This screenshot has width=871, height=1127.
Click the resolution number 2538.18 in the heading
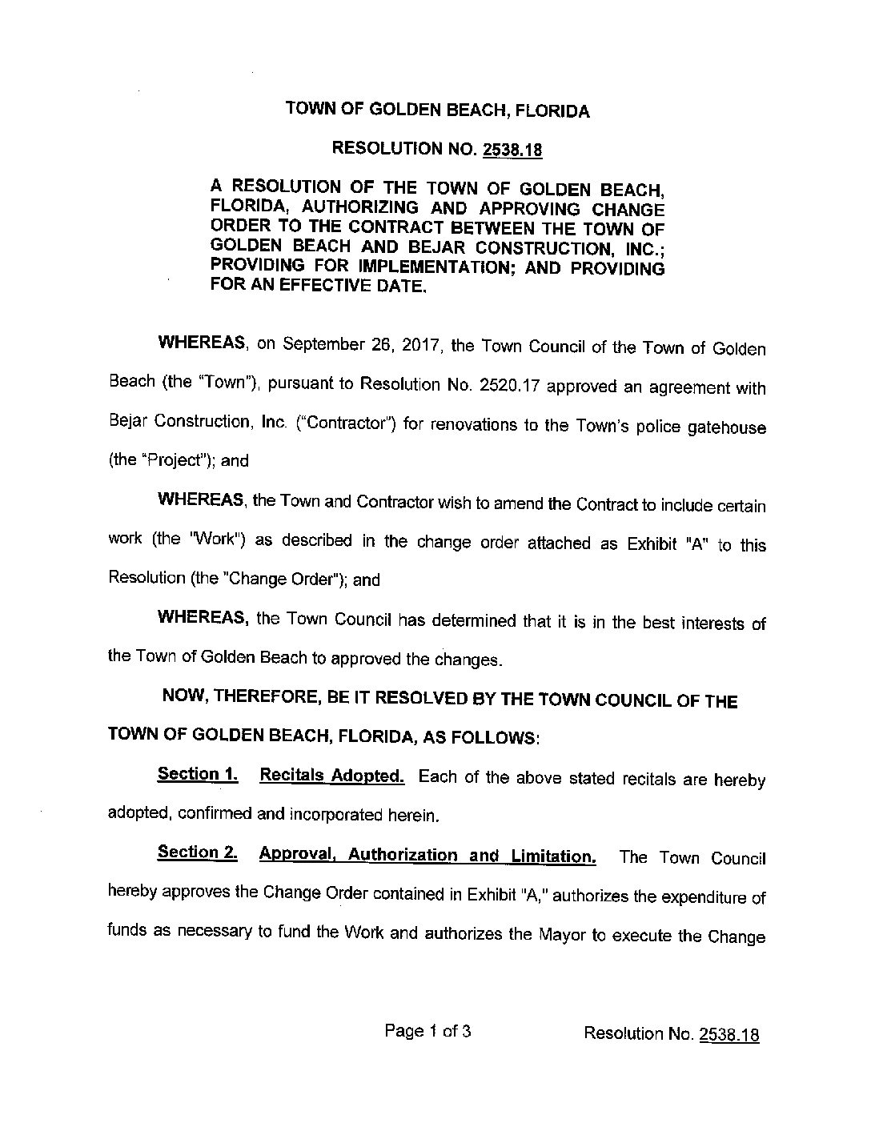click(x=509, y=150)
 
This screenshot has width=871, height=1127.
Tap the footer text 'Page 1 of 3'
click(x=427, y=1031)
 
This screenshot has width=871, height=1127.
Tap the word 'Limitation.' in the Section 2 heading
click(x=555, y=856)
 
